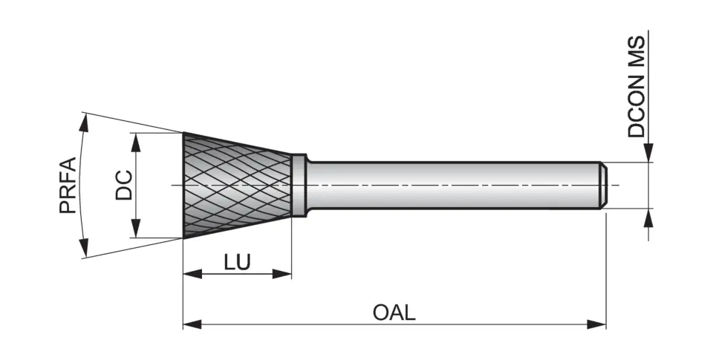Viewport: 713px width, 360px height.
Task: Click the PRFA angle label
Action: [68, 186]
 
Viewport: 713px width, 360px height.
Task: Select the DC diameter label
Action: [123, 186]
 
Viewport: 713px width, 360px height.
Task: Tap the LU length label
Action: [237, 262]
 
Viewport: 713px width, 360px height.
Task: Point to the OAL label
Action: [394, 312]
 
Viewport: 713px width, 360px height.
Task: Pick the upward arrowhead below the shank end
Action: [649, 217]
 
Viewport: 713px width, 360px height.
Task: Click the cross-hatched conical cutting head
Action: [236, 186]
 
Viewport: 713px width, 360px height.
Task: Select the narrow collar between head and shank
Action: [299, 186]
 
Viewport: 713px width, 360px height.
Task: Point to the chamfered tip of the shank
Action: [604, 186]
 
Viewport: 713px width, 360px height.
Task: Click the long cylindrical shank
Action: [453, 186]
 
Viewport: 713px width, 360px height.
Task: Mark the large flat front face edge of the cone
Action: [184, 186]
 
